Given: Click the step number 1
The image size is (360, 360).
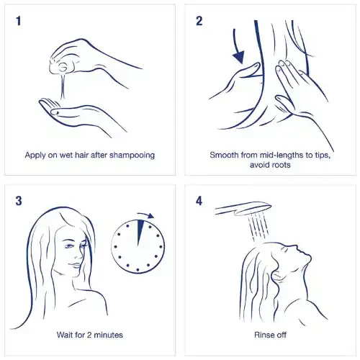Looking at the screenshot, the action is (19, 21).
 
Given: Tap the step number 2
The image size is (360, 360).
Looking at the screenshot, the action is (199, 21).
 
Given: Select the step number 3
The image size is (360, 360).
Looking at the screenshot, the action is (19, 201).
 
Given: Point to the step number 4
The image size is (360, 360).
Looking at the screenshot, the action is (199, 201).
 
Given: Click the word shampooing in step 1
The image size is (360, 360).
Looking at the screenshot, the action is (132, 156).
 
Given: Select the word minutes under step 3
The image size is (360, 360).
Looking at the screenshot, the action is (108, 335).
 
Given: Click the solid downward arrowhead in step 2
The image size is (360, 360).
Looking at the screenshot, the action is (239, 57).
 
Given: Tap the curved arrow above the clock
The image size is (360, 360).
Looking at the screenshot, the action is (146, 215).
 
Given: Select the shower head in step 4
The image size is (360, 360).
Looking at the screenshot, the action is (243, 208).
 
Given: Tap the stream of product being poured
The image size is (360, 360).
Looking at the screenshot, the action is (63, 86).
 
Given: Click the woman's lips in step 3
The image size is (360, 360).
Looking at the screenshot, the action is (76, 265).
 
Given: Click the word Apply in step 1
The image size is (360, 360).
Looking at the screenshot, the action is (35, 156).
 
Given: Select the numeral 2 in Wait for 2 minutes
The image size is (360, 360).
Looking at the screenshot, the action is (89, 335).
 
